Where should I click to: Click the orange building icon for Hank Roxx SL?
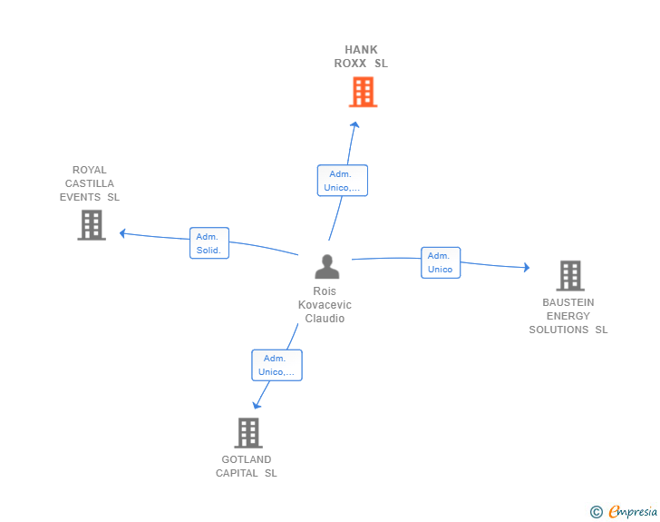click(x=363, y=92)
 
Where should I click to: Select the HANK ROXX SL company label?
click(x=361, y=56)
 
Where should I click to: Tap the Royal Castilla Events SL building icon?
click(x=92, y=225)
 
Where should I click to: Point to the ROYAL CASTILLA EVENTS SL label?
click(x=89, y=183)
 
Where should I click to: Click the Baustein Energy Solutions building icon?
click(x=570, y=276)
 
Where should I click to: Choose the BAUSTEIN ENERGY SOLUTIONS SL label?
click(x=568, y=316)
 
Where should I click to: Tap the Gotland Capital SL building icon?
click(x=248, y=433)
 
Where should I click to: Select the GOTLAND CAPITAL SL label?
click(x=247, y=467)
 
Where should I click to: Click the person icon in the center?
click(x=327, y=267)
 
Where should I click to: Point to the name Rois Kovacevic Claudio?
click(x=325, y=305)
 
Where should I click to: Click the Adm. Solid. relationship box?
click(x=209, y=243)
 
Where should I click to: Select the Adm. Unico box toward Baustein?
click(x=441, y=262)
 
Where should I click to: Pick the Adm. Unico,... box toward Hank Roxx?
click(x=342, y=181)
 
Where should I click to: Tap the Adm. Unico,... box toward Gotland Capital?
click(x=277, y=365)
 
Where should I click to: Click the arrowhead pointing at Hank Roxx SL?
click(x=354, y=124)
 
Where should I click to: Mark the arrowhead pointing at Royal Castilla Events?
click(x=123, y=233)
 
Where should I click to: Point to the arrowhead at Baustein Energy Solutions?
click(x=526, y=267)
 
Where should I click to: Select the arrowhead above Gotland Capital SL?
click(x=257, y=405)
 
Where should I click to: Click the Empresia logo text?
click(x=633, y=511)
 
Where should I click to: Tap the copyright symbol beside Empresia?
click(x=596, y=512)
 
